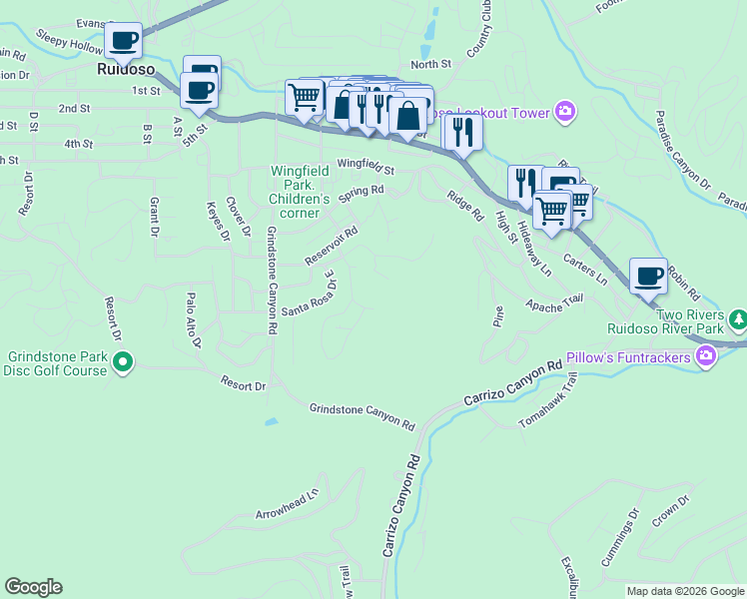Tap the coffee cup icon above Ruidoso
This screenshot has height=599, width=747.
coord(124,41)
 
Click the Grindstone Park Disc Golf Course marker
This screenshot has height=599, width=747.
coord(123,361)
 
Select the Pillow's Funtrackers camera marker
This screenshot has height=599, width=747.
coord(707,356)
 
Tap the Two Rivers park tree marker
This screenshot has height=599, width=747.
coord(738,319)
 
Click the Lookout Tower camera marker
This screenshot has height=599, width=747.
coord(565,112)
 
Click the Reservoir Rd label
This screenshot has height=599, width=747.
coord(331,248)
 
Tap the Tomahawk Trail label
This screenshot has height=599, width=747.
coord(549,401)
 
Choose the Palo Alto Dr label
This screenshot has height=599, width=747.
coord(195,320)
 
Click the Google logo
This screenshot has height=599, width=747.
coord(33,587)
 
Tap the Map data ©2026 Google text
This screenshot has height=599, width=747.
coord(685,591)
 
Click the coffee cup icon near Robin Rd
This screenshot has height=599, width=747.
coord(648,275)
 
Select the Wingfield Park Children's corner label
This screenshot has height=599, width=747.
coord(300,192)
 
